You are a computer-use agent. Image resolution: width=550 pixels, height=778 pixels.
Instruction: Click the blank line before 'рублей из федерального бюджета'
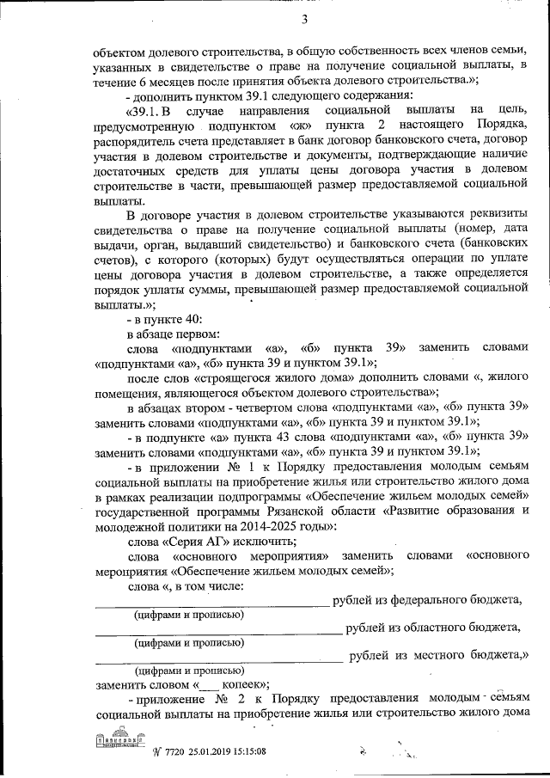coord(211,604)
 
